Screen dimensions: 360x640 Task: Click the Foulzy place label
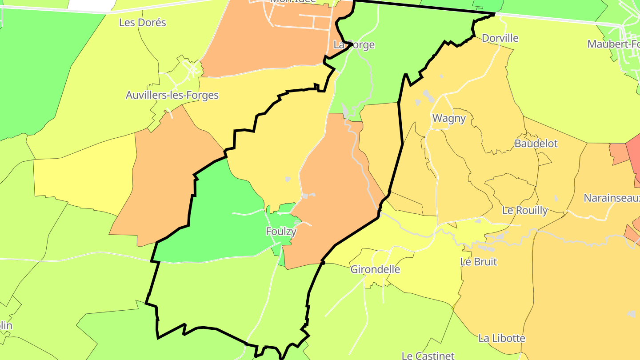(281, 232)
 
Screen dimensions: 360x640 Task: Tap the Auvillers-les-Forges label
(172, 95)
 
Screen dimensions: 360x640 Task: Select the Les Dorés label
(142, 23)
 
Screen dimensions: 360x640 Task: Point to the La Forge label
(354, 45)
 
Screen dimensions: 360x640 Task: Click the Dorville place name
(500, 38)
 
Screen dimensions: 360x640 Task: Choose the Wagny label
(449, 118)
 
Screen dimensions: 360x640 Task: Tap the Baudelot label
(536, 144)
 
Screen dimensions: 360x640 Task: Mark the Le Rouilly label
(525, 210)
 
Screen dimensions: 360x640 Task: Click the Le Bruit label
(479, 262)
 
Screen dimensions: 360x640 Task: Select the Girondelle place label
(375, 269)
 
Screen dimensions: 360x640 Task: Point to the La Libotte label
(502, 338)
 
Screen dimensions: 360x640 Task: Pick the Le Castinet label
(428, 356)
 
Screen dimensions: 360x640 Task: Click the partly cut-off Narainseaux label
(612, 198)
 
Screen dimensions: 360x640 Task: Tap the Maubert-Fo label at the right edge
(613, 44)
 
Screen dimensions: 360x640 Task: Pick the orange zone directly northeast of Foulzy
(338, 187)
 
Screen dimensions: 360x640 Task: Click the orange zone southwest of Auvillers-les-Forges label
(160, 178)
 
